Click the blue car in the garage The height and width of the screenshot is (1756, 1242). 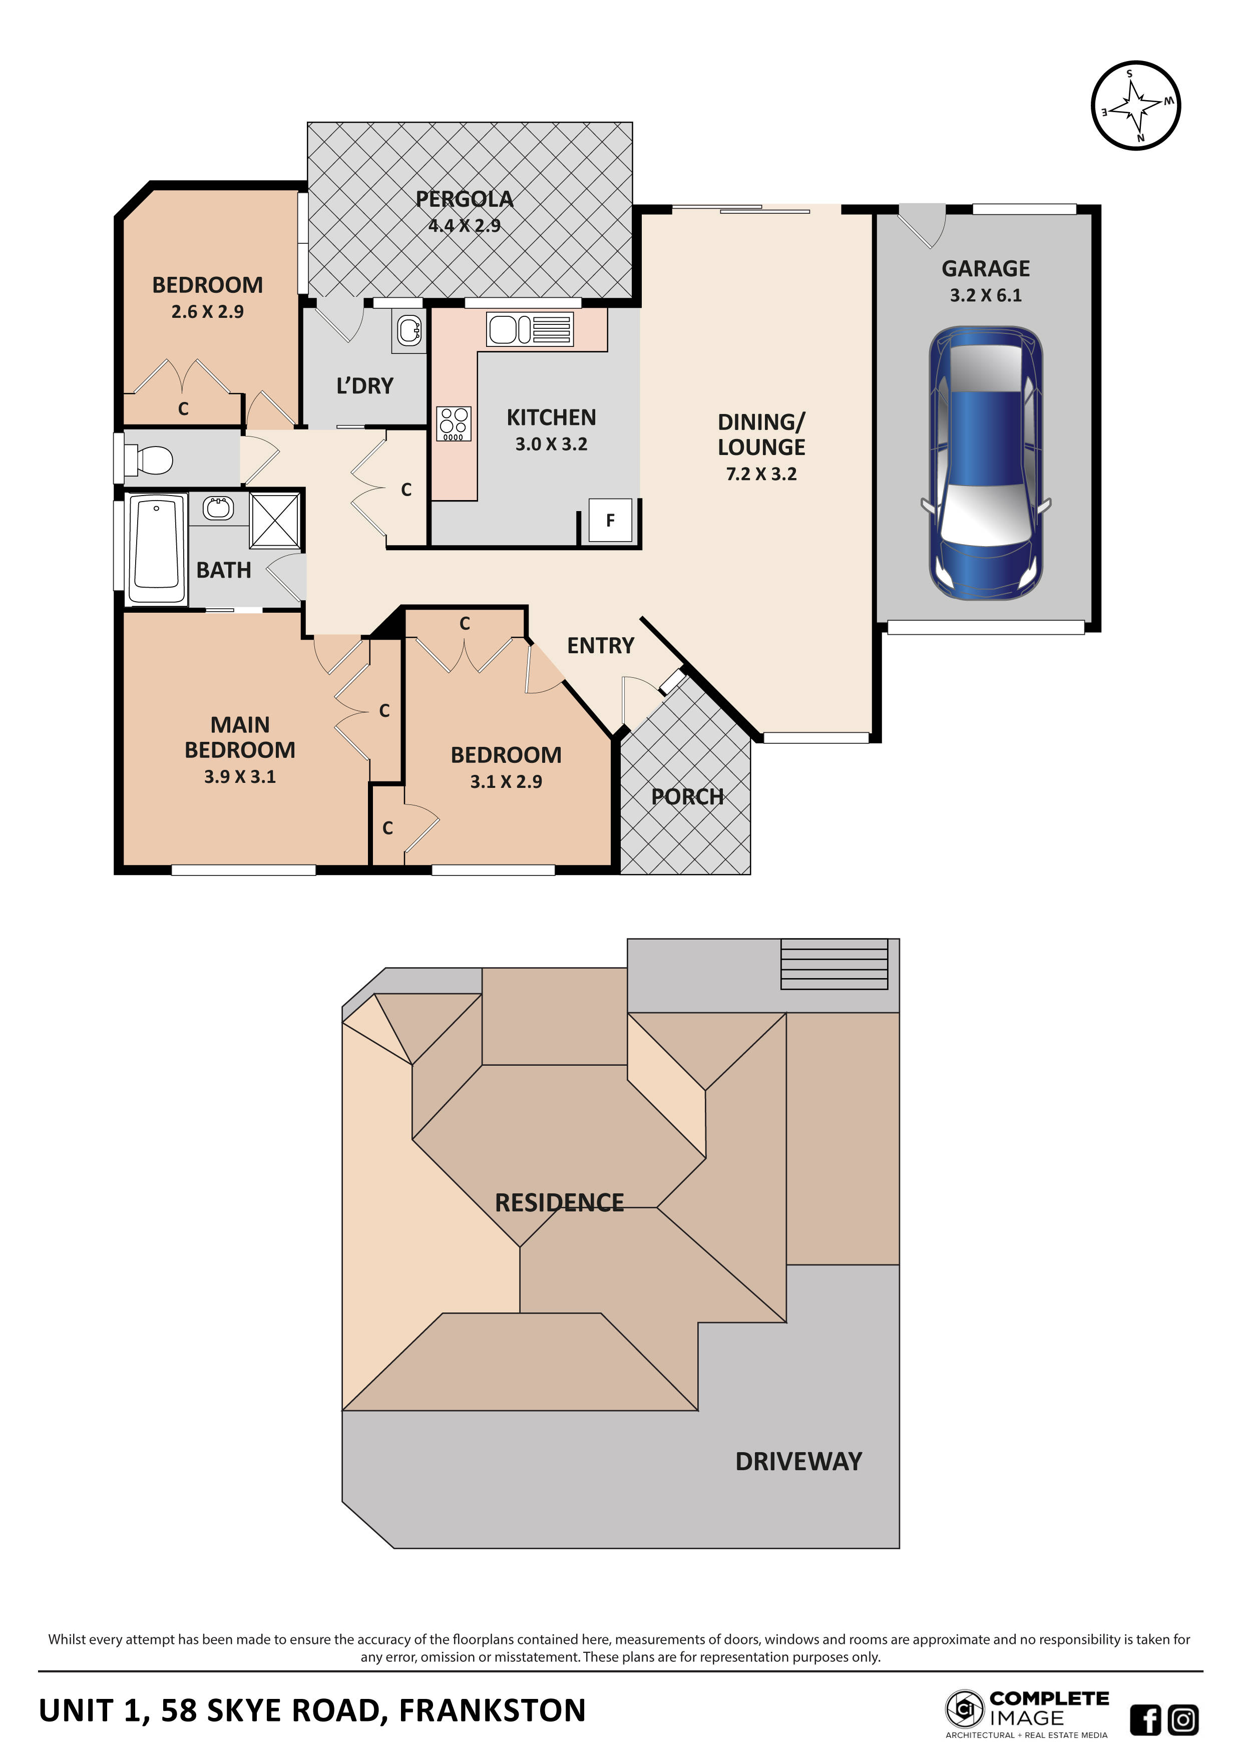point(985,464)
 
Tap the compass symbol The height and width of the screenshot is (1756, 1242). point(1136,106)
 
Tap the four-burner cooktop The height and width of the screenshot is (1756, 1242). point(454,423)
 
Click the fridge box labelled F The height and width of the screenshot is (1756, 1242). point(610,521)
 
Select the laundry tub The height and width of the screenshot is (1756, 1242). point(409,330)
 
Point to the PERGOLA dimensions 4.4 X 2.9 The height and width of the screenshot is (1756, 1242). point(464,226)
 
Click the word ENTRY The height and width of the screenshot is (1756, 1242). point(600,646)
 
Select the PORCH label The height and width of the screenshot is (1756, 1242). point(687,797)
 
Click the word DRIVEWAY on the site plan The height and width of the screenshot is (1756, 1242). point(798,1462)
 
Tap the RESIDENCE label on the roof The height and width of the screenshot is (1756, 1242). point(559,1203)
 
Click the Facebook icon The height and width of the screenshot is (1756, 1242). point(1145,1720)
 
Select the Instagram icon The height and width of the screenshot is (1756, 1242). point(1183,1720)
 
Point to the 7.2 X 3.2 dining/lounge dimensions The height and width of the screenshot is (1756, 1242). point(761,474)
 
